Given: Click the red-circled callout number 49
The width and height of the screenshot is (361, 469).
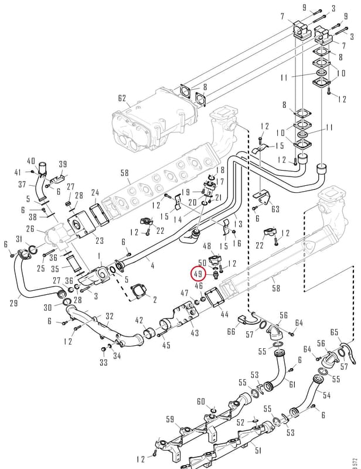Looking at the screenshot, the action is click(x=197, y=273).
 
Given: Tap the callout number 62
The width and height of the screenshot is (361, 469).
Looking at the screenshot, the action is click(x=122, y=98).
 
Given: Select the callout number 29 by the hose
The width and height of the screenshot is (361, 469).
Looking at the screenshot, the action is click(x=13, y=303).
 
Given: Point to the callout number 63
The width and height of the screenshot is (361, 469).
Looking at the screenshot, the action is click(x=275, y=209).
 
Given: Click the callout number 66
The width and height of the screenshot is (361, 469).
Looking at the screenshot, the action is click(x=231, y=331).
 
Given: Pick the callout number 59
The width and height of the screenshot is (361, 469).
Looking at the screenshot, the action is click(x=170, y=419).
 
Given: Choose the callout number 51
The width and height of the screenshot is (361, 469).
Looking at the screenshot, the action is click(x=258, y=450).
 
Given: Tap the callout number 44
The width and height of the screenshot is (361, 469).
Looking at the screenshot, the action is click(x=224, y=314).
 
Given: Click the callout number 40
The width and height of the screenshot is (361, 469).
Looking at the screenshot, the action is click(x=31, y=161).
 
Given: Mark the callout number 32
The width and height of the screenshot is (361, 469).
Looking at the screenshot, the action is click(x=110, y=316).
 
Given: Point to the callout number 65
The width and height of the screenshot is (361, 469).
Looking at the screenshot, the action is click(x=335, y=332).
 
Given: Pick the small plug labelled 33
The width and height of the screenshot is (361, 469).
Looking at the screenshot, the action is click(x=104, y=349).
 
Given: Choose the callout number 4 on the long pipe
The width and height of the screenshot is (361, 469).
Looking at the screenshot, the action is click(x=152, y=265).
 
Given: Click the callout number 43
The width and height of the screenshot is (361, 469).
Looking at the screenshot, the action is click(x=195, y=332).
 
